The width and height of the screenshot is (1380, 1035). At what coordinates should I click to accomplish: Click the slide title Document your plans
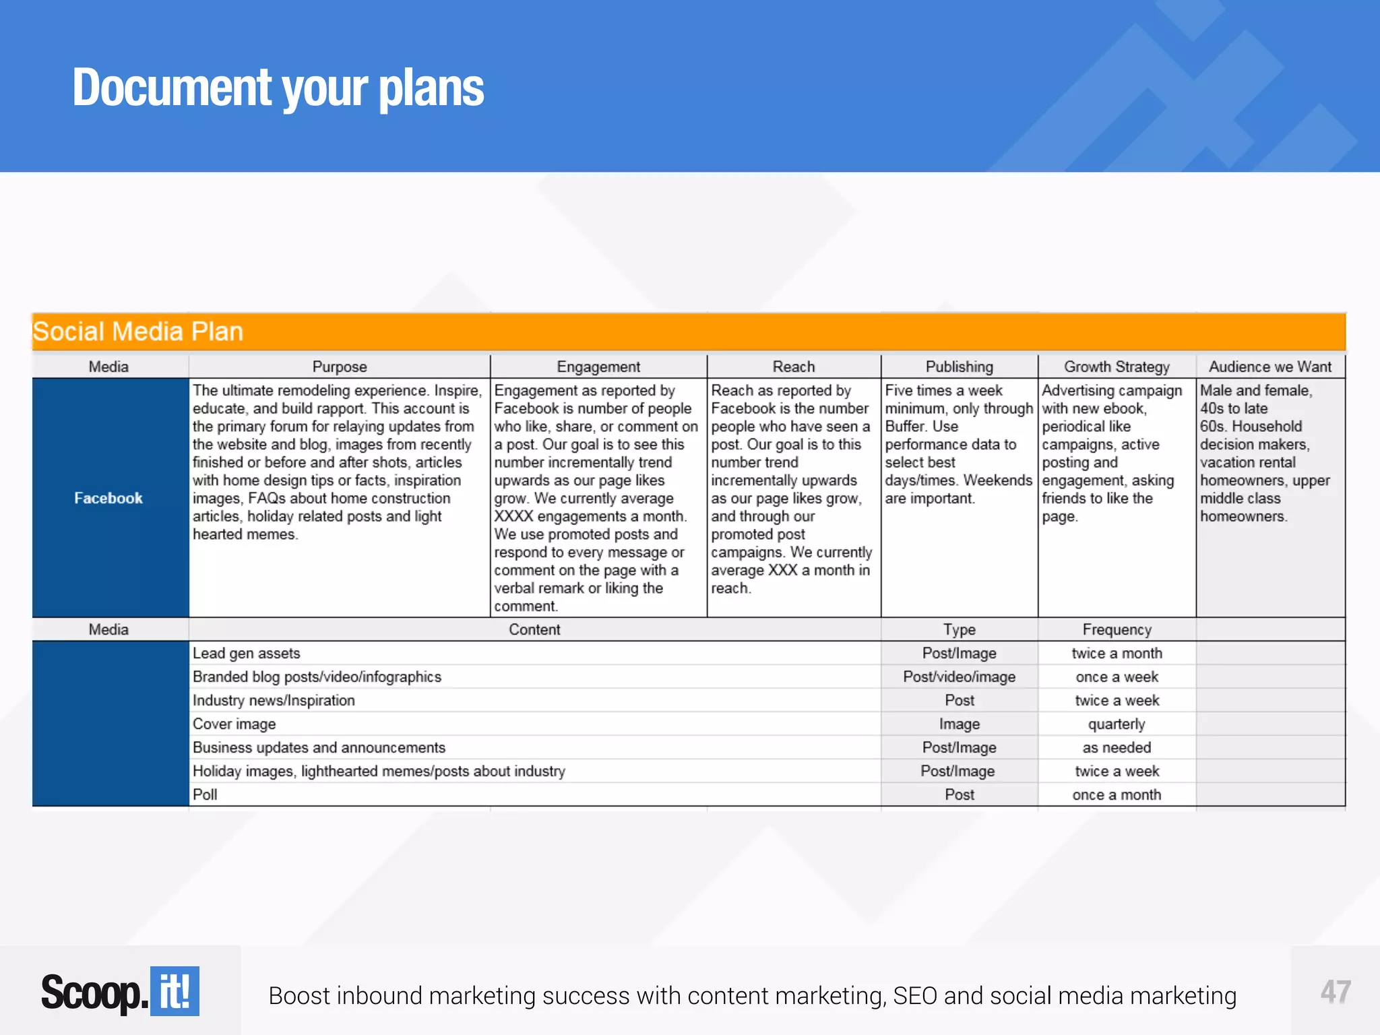pos(278,88)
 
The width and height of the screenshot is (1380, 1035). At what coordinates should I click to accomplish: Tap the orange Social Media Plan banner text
pos(138,332)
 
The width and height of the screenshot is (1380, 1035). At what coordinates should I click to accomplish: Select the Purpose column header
pos(340,367)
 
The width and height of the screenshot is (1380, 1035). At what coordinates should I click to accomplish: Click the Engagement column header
pos(598,367)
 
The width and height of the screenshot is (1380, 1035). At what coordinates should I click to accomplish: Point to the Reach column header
pos(794,367)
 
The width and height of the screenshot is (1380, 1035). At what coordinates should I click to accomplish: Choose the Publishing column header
pos(959,367)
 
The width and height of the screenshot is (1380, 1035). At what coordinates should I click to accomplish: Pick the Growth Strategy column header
pos(1117,367)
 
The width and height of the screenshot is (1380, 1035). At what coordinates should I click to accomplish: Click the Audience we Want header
pos(1270,367)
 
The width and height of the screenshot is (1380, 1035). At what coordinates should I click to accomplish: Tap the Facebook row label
pos(108,498)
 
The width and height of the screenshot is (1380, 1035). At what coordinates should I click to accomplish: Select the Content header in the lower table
pos(534,629)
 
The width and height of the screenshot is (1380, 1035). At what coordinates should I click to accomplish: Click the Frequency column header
pos(1117,629)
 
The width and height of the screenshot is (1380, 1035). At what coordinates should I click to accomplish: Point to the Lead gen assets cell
pos(247,653)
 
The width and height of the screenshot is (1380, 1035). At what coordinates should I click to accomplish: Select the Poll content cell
pos(205,794)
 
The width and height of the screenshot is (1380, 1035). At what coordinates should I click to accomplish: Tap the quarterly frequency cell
pos(1117,724)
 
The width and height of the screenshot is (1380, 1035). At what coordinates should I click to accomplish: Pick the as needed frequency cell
pos(1117,747)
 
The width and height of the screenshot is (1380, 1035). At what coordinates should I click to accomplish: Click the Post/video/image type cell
pos(959,677)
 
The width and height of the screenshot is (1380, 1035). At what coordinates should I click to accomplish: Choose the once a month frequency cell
pos(1117,794)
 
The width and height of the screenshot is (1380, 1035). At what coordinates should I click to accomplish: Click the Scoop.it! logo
pos(120,992)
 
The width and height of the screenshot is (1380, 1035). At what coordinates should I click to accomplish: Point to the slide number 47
pos(1336,992)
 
